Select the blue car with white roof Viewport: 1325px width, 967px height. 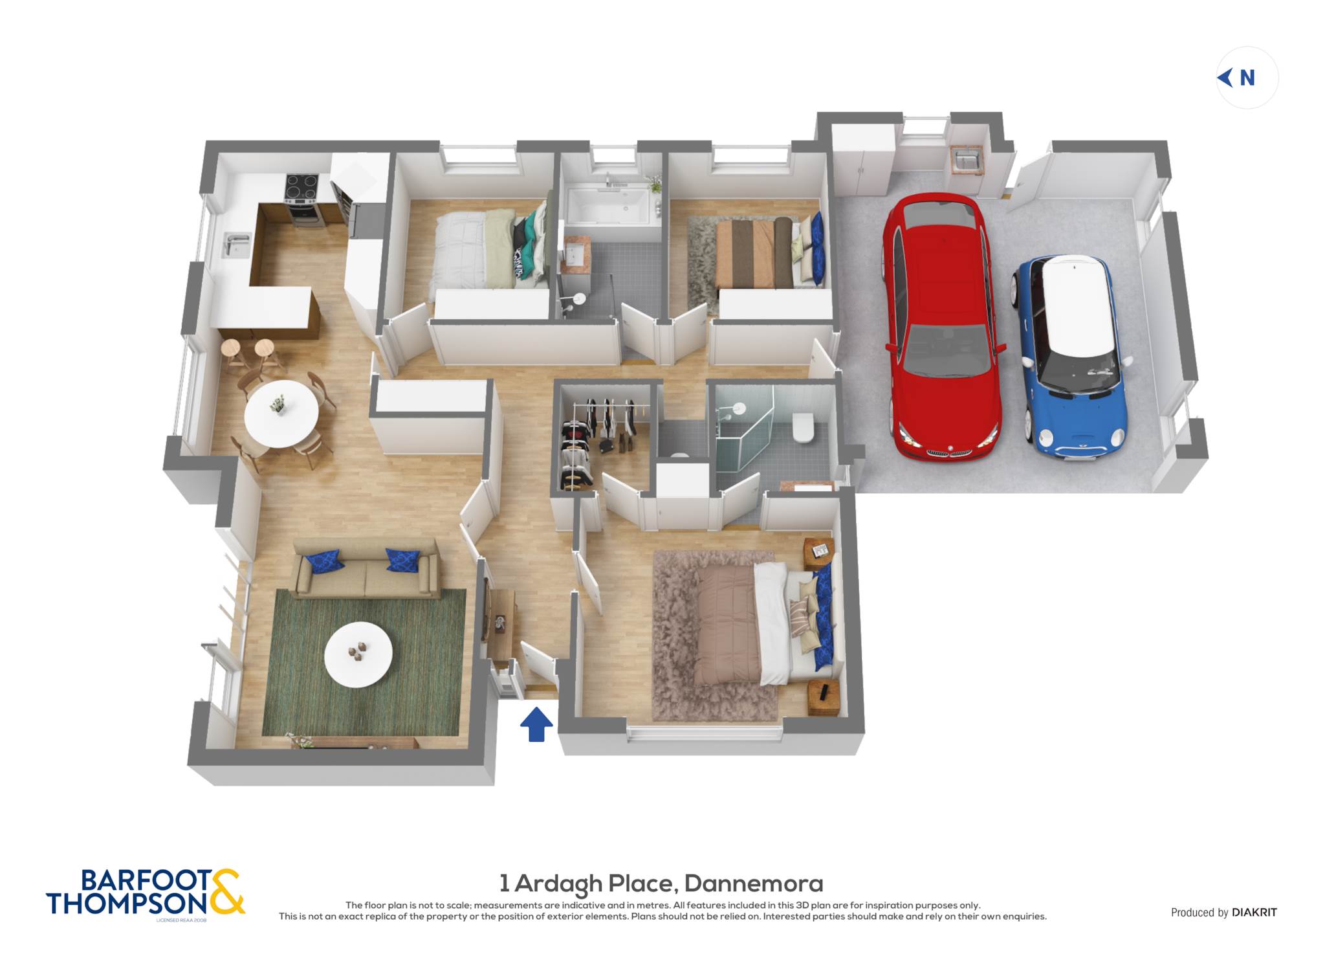click(1071, 357)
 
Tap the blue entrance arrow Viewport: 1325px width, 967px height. click(536, 724)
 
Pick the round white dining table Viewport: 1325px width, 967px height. click(281, 414)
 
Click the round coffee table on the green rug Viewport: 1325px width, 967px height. click(358, 654)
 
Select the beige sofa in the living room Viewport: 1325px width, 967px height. click(366, 567)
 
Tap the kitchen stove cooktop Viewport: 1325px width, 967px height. click(301, 187)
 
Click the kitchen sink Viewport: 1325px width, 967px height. click(236, 245)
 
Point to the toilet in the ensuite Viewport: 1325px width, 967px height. click(804, 427)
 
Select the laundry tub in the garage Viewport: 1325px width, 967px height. click(967, 159)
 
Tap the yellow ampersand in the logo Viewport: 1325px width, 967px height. click(226, 892)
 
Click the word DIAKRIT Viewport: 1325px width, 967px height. click(1254, 912)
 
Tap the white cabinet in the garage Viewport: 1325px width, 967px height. click(863, 160)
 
